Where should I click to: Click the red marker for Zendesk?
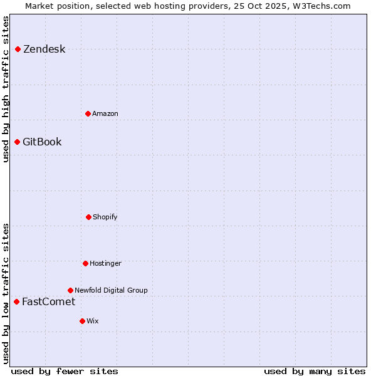pyautogui.click(x=18, y=50)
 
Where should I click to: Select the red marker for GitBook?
pyautogui.click(x=18, y=142)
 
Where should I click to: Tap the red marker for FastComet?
pyautogui.click(x=17, y=302)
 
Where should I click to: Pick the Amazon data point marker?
pyautogui.click(x=88, y=114)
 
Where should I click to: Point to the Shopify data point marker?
pyautogui.click(x=89, y=217)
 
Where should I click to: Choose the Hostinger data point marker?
pyautogui.click(x=86, y=264)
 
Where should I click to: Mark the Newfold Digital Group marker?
pyautogui.click(x=71, y=291)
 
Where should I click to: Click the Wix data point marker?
pyautogui.click(x=83, y=321)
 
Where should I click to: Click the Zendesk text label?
pyautogui.click(x=44, y=50)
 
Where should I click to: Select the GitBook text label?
pyautogui.click(x=43, y=142)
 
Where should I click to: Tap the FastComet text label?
pyautogui.click(x=49, y=302)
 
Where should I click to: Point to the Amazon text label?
pyautogui.click(x=105, y=114)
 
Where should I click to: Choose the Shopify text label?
pyautogui.click(x=105, y=217)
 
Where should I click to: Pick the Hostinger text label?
pyautogui.click(x=105, y=264)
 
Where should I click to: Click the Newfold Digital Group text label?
pyautogui.click(x=111, y=291)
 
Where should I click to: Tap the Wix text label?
pyautogui.click(x=93, y=321)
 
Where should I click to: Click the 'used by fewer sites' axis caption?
pyautogui.click(x=65, y=372)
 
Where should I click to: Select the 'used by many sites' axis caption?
pyautogui.click(x=315, y=372)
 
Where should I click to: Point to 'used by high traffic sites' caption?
pyautogui.click(x=6, y=89)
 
